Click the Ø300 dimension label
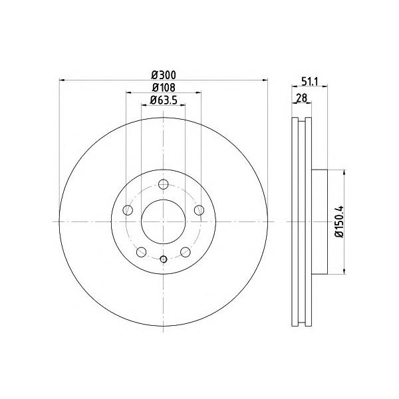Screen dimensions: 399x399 pyautogui.click(x=164, y=75)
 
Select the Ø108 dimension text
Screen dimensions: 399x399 pyautogui.click(x=164, y=88)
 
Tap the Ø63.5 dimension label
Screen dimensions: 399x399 pyautogui.click(x=163, y=100)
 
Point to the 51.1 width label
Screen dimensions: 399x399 pyautogui.click(x=310, y=82)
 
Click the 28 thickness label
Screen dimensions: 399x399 pyautogui.click(x=302, y=98)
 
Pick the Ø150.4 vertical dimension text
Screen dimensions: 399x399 pyautogui.click(x=339, y=221)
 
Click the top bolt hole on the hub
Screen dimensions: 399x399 pyautogui.click(x=163, y=184)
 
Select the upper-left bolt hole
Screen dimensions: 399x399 pyautogui.click(x=128, y=210)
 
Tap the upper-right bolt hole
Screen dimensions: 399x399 pyautogui.click(x=199, y=210)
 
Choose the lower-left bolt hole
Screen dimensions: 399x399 pyautogui.click(x=141, y=252)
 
